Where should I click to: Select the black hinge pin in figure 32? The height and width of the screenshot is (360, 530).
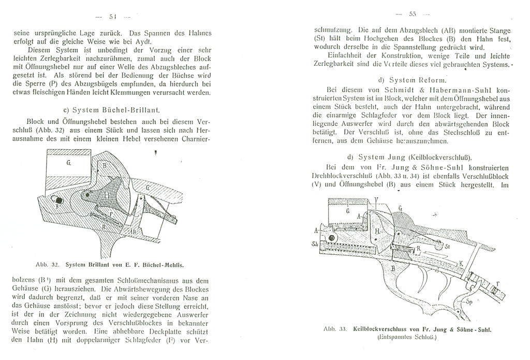click(x=59, y=200)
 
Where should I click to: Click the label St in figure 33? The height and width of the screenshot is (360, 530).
click(x=447, y=248)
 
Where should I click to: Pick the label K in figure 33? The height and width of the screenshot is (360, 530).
click(x=461, y=263)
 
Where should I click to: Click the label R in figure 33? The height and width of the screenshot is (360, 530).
click(x=418, y=248)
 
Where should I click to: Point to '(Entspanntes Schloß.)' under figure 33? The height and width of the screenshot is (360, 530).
click(x=408, y=337)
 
